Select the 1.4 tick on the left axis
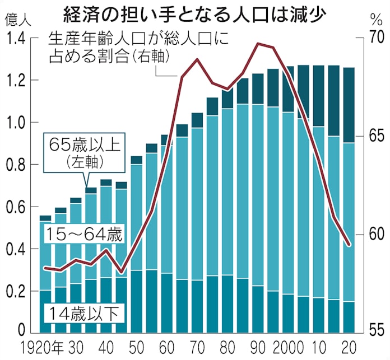(x=16, y=39)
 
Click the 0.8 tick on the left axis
(x=16, y=165)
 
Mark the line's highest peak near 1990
(x=257, y=43)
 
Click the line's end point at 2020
(x=349, y=245)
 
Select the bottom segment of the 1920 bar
(x=45, y=311)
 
